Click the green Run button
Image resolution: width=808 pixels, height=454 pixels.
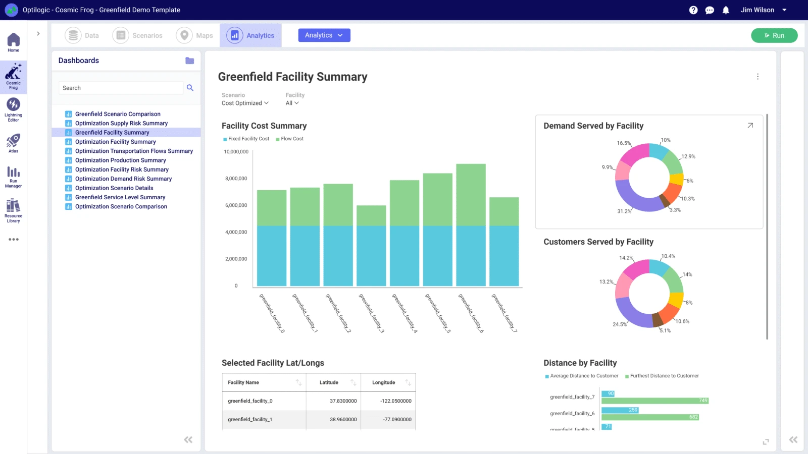774,35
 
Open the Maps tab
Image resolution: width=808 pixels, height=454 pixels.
194,35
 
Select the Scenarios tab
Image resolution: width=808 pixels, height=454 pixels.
137,35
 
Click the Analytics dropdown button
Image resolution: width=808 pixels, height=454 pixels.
324,35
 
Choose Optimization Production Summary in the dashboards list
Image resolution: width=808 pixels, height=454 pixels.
121,160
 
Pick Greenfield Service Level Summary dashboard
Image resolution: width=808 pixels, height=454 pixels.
120,197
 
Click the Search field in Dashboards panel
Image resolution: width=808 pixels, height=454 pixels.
121,88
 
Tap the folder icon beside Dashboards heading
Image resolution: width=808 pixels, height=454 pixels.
190,61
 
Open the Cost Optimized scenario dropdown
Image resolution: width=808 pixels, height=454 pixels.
245,103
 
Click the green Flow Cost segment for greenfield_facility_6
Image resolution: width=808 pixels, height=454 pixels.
471,195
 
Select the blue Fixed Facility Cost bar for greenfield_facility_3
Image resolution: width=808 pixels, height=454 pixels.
371,256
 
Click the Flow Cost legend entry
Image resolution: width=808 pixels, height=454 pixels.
290,139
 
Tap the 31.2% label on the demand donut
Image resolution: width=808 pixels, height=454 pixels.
624,211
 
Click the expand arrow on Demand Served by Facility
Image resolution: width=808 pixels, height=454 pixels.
750,126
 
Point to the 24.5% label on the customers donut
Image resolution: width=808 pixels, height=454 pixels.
620,324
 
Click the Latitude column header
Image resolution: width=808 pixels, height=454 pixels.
329,382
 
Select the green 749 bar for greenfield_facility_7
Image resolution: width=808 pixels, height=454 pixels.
655,401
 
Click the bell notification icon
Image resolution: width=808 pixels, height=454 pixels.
726,10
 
